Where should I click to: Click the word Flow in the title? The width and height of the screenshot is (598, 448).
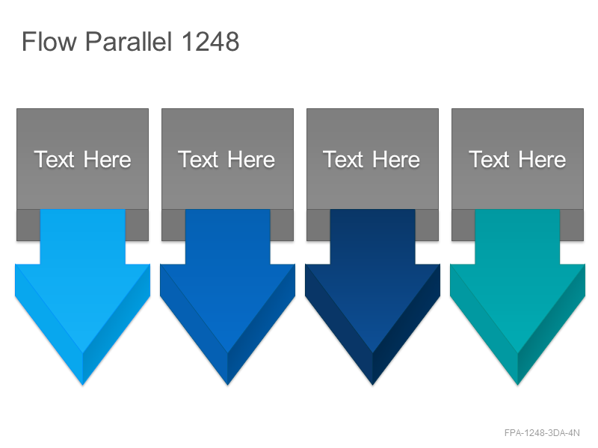(49, 41)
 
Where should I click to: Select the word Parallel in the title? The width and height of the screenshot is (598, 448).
(129, 41)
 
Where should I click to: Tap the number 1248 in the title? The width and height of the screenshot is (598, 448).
(210, 41)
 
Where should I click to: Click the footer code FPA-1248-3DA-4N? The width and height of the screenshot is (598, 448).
(542, 433)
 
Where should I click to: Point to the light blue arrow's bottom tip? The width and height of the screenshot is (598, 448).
(83, 385)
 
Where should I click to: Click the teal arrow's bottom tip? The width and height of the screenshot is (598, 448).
(517, 385)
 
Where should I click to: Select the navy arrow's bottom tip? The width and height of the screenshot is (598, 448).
(372, 385)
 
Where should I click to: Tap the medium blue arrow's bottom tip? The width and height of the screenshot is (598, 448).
(228, 385)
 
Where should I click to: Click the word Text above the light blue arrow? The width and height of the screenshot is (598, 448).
(54, 159)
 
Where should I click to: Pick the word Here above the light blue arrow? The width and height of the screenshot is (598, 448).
(107, 159)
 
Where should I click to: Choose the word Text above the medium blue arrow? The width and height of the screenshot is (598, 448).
(198, 159)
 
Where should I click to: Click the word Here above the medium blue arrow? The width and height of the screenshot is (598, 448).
(251, 159)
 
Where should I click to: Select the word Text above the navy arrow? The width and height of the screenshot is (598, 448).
(343, 159)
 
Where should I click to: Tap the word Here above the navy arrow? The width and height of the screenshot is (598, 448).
(396, 159)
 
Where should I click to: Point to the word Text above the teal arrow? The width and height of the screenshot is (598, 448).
(489, 159)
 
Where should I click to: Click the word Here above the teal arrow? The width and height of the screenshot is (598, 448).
(542, 159)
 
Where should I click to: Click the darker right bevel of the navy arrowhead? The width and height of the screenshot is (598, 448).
(407, 328)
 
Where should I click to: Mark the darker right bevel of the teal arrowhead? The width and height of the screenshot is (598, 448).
(552, 328)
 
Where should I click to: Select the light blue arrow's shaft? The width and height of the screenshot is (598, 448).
(83, 236)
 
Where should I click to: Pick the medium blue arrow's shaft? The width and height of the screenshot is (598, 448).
(228, 236)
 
